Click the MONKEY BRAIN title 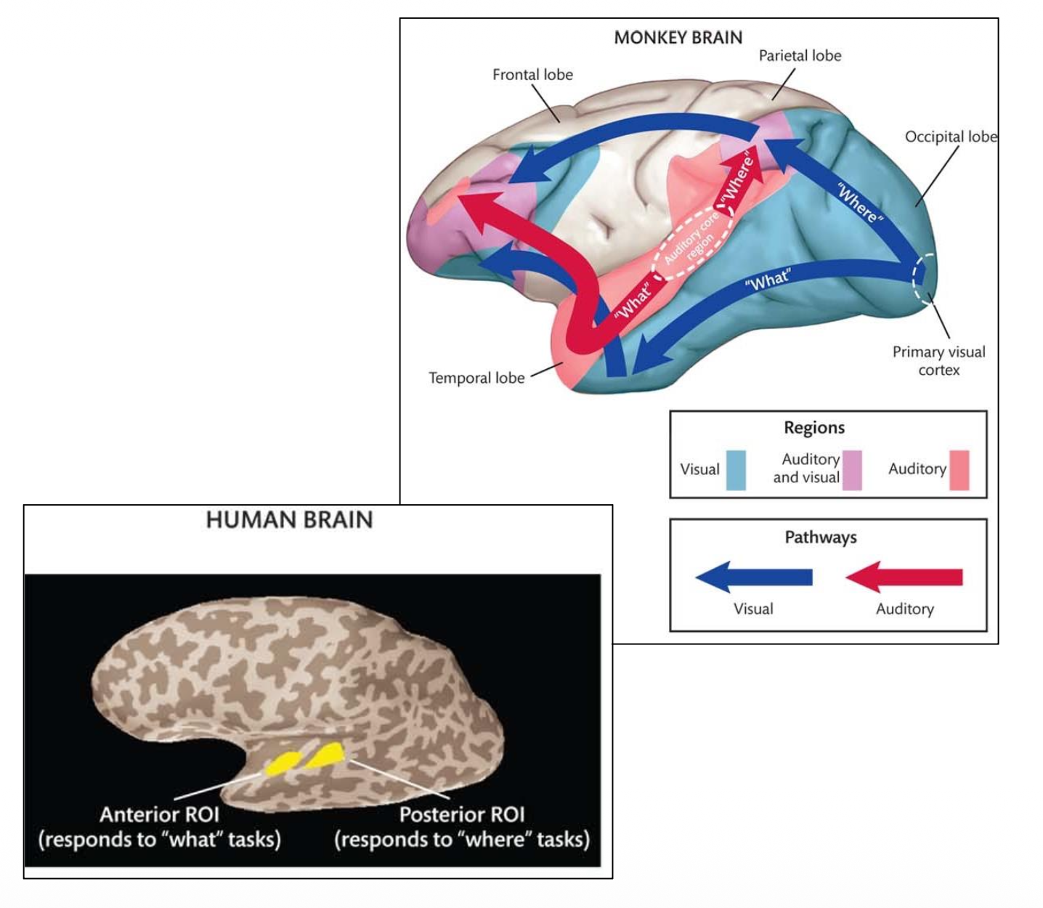click(x=678, y=38)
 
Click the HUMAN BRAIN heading click(x=289, y=520)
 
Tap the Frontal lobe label click(x=532, y=75)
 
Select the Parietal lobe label click(x=800, y=56)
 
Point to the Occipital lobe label click(x=950, y=137)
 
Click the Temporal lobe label click(x=476, y=378)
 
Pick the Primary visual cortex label click(x=938, y=361)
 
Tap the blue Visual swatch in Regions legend click(x=736, y=470)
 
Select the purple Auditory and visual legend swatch click(x=852, y=470)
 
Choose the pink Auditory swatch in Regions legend click(x=959, y=470)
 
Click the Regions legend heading click(x=814, y=428)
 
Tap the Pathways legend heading click(x=821, y=538)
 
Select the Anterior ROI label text click(x=160, y=814)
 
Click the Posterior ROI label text click(x=462, y=814)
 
